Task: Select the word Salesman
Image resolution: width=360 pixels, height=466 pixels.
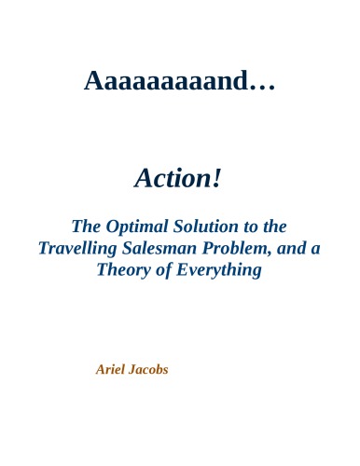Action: coord(171,249)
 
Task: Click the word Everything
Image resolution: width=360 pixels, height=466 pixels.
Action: coord(218,271)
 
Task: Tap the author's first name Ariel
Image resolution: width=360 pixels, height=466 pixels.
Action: coord(111,369)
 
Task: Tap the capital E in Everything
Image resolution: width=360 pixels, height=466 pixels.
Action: coord(183,271)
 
